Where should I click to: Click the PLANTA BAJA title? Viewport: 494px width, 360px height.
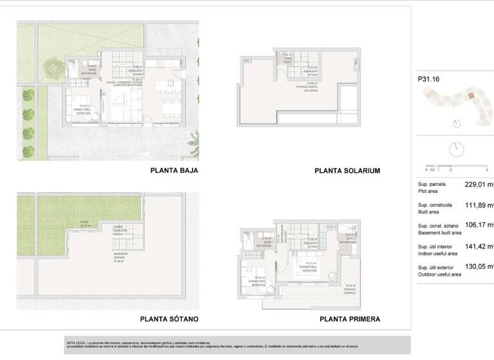[174, 170]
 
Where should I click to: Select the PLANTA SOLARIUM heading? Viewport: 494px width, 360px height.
[347, 171]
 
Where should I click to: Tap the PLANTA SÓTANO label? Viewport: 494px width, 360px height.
[169, 319]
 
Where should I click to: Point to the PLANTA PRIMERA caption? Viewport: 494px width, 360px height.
[349, 319]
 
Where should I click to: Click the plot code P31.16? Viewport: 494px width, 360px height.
[429, 80]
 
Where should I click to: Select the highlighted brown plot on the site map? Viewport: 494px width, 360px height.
[471, 96]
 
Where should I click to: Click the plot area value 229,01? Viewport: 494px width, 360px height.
[477, 184]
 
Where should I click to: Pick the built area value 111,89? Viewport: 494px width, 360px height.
[477, 205]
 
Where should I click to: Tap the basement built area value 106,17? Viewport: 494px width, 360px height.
[477, 225]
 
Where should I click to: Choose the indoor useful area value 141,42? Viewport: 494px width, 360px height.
[477, 246]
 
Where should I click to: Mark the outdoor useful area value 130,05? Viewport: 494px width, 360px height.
[477, 266]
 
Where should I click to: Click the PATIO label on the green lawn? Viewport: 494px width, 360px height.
[84, 224]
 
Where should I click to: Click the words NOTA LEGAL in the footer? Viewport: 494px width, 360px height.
[77, 343]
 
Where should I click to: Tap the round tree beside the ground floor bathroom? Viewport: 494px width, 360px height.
[51, 65]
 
